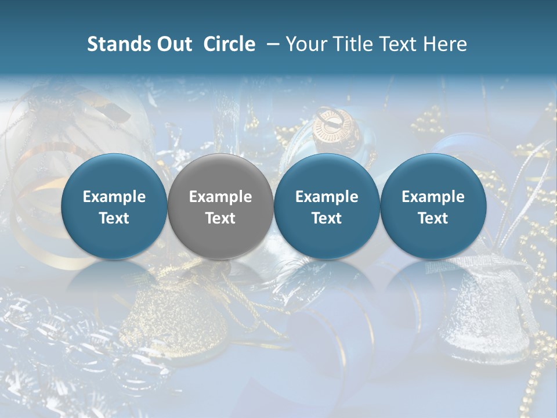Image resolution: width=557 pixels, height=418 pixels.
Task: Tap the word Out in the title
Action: click(173, 44)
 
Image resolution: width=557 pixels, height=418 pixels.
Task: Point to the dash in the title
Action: click(273, 44)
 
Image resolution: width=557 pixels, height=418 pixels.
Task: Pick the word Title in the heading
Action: click(355, 44)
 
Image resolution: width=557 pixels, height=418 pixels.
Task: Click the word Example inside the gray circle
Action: click(220, 197)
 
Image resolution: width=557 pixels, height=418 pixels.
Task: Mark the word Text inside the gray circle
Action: click(220, 218)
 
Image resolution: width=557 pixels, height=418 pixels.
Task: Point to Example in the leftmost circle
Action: click(114, 197)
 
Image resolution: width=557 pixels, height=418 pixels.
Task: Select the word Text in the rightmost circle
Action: click(433, 218)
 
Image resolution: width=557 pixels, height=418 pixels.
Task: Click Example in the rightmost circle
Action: click(433, 197)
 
